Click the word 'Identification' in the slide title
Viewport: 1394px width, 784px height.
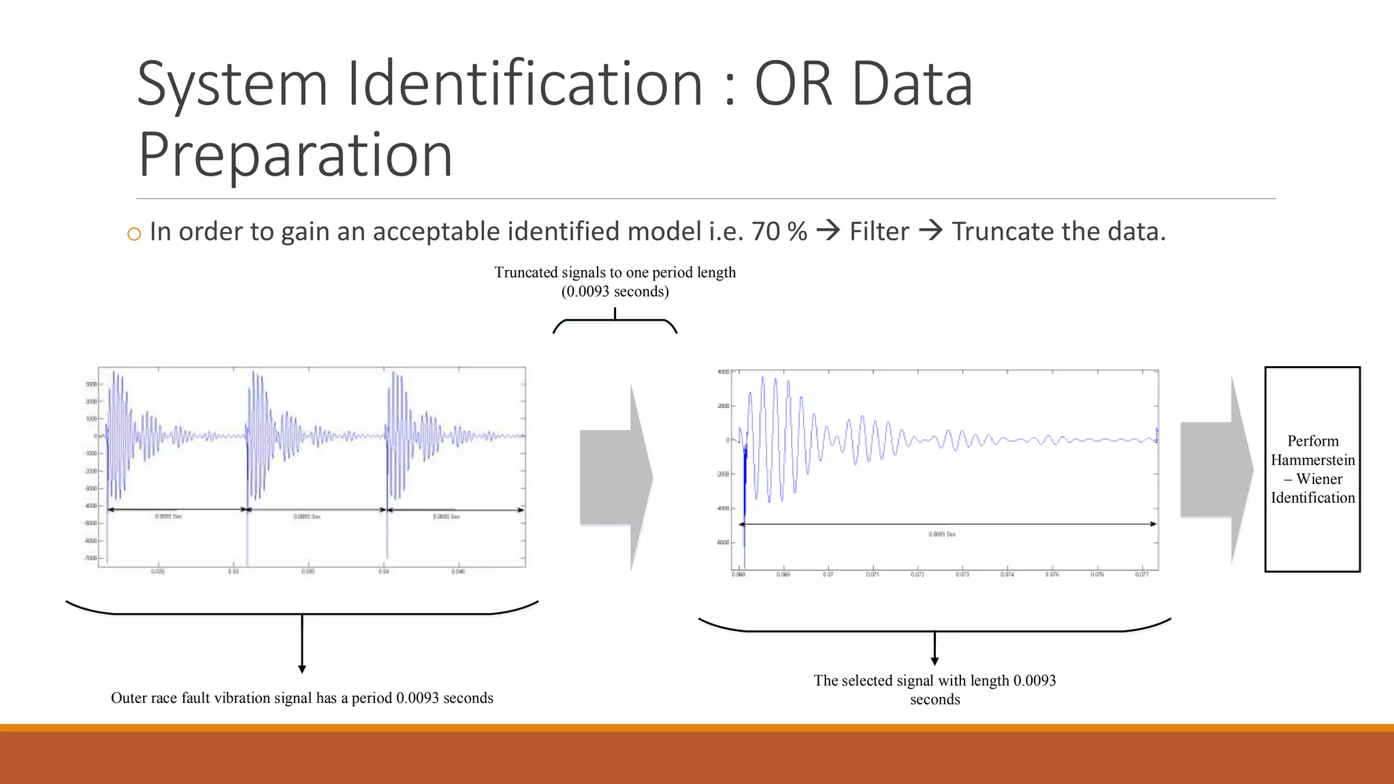point(525,84)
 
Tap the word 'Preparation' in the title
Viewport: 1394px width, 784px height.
point(295,155)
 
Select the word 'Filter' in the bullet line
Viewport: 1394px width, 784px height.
point(879,231)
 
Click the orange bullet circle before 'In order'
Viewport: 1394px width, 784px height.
point(134,234)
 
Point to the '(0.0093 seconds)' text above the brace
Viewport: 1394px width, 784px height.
point(615,291)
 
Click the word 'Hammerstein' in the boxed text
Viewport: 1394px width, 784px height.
point(1312,460)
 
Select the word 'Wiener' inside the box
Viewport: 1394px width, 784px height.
point(1319,479)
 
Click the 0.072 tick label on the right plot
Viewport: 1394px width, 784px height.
point(918,575)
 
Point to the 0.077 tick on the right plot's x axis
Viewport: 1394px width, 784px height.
point(1141,575)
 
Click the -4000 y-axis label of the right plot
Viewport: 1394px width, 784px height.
point(722,508)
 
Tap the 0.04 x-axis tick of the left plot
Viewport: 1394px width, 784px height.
point(384,572)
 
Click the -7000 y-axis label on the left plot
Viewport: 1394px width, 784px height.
point(90,558)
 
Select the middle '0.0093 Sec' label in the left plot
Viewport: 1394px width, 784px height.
point(307,517)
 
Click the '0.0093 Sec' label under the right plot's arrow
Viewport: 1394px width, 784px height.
point(942,534)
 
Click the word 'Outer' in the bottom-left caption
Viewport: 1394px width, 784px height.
point(129,698)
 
